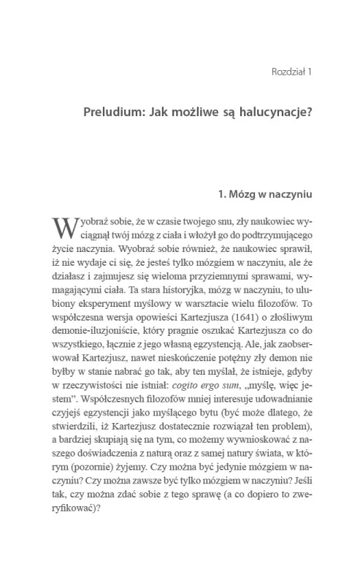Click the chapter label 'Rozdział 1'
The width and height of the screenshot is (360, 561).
(291, 72)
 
